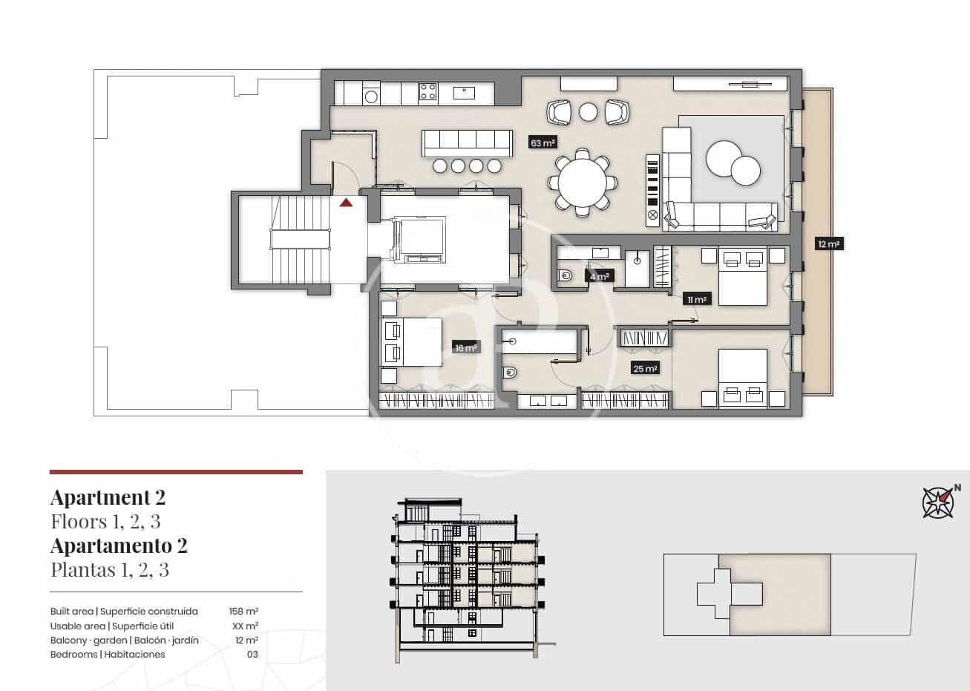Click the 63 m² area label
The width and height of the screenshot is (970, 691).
543,143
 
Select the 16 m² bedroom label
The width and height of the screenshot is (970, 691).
465,347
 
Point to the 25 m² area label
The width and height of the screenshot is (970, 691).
644,368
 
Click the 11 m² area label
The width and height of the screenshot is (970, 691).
697,299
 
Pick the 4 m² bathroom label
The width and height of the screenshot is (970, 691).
599,277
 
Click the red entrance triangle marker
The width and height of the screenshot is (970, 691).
346,202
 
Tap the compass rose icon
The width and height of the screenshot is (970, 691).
938,502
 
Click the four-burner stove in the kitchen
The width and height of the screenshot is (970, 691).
428,92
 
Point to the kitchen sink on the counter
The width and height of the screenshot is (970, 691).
465,92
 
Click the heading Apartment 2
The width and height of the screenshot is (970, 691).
108,497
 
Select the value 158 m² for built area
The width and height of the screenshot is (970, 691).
243,612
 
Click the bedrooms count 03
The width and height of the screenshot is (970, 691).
252,655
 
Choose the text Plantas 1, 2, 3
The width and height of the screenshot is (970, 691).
110,570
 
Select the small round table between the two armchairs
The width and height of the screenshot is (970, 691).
588,112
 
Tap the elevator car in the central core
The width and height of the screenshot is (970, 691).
421,240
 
